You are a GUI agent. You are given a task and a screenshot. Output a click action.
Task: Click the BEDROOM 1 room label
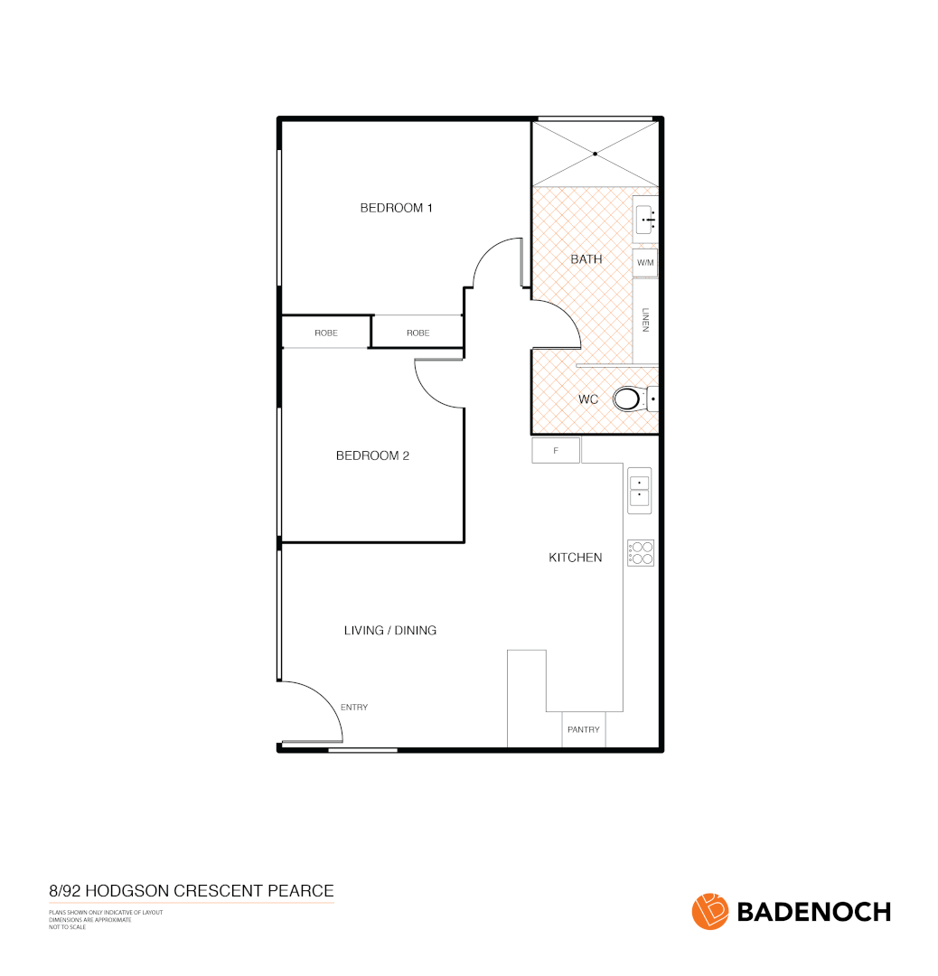pos(396,208)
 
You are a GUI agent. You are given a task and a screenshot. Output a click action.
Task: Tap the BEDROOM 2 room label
pos(372,455)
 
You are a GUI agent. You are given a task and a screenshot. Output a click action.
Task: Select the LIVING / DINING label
pos(389,630)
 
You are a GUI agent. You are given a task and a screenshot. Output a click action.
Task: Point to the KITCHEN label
pos(575,558)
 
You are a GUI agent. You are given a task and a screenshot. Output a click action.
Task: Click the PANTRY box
pos(583,729)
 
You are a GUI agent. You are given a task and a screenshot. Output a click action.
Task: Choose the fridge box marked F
pos(555,450)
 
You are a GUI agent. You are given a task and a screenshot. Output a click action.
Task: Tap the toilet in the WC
pos(630,399)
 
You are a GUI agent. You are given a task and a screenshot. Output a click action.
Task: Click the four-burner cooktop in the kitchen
pos(641,553)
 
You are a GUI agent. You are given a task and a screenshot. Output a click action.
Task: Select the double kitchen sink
pos(639,489)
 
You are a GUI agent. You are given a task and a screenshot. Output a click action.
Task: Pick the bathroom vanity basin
pos(645,219)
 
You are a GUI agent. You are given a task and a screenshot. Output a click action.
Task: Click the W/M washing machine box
pos(644,263)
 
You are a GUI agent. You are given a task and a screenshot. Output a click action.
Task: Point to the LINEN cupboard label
pos(645,320)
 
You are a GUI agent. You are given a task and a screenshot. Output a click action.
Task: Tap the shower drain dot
pos(595,155)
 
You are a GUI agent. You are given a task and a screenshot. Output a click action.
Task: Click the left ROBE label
pos(326,333)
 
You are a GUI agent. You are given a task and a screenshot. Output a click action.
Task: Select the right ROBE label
pos(417,333)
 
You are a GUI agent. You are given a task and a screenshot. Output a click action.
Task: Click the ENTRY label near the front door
pos(354,708)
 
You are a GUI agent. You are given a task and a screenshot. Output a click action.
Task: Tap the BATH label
pos(586,259)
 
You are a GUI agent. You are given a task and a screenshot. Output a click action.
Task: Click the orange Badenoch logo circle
pos(710,911)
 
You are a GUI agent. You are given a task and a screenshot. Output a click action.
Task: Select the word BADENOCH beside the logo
pos(814,912)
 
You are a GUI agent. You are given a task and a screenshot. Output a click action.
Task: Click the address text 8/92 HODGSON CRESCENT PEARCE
pos(191,891)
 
